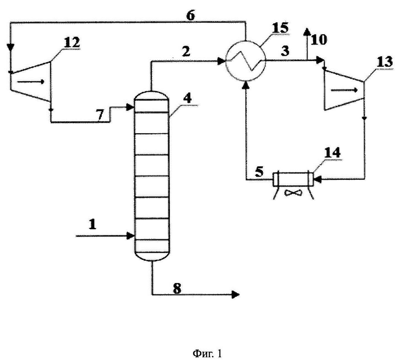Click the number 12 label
72,42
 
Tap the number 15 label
281,28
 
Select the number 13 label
385,62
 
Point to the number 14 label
332,153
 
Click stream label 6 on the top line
191,15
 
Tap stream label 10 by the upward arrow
319,40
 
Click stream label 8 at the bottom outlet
177,288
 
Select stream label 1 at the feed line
92,224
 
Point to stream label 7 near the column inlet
100,115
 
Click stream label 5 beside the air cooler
259,172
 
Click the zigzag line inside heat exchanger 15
245,60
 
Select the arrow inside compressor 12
31,82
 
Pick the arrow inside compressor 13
345,90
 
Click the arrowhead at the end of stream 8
236,294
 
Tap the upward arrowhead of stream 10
306,32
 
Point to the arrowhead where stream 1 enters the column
131,236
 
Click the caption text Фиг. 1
207,354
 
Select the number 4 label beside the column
189,99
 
